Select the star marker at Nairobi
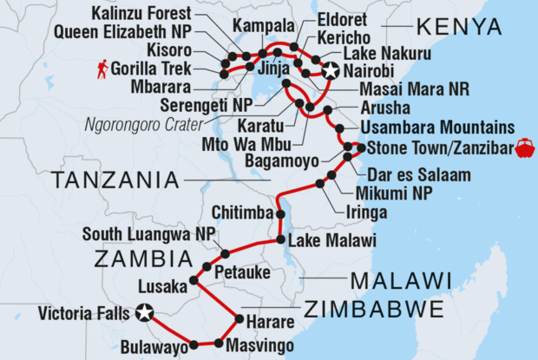[330, 73]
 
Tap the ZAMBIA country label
[143, 258]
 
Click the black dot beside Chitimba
[280, 213]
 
